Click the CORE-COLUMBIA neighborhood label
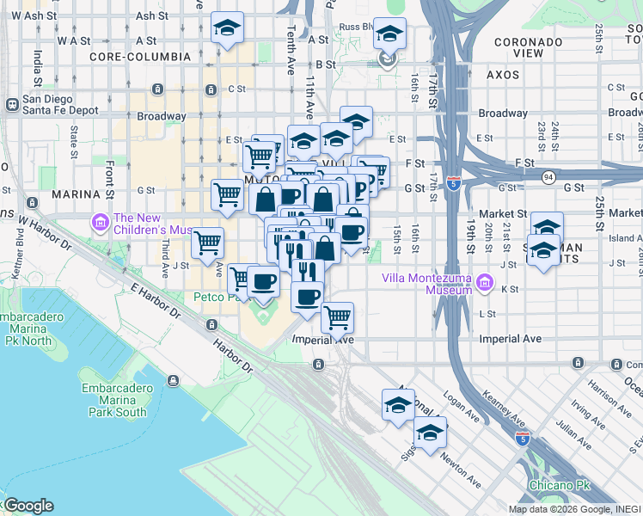tap(139, 56)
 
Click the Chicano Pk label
tap(560, 485)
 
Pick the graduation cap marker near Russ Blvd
tap(389, 34)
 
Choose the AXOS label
tap(502, 75)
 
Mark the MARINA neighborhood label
tap(76, 194)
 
